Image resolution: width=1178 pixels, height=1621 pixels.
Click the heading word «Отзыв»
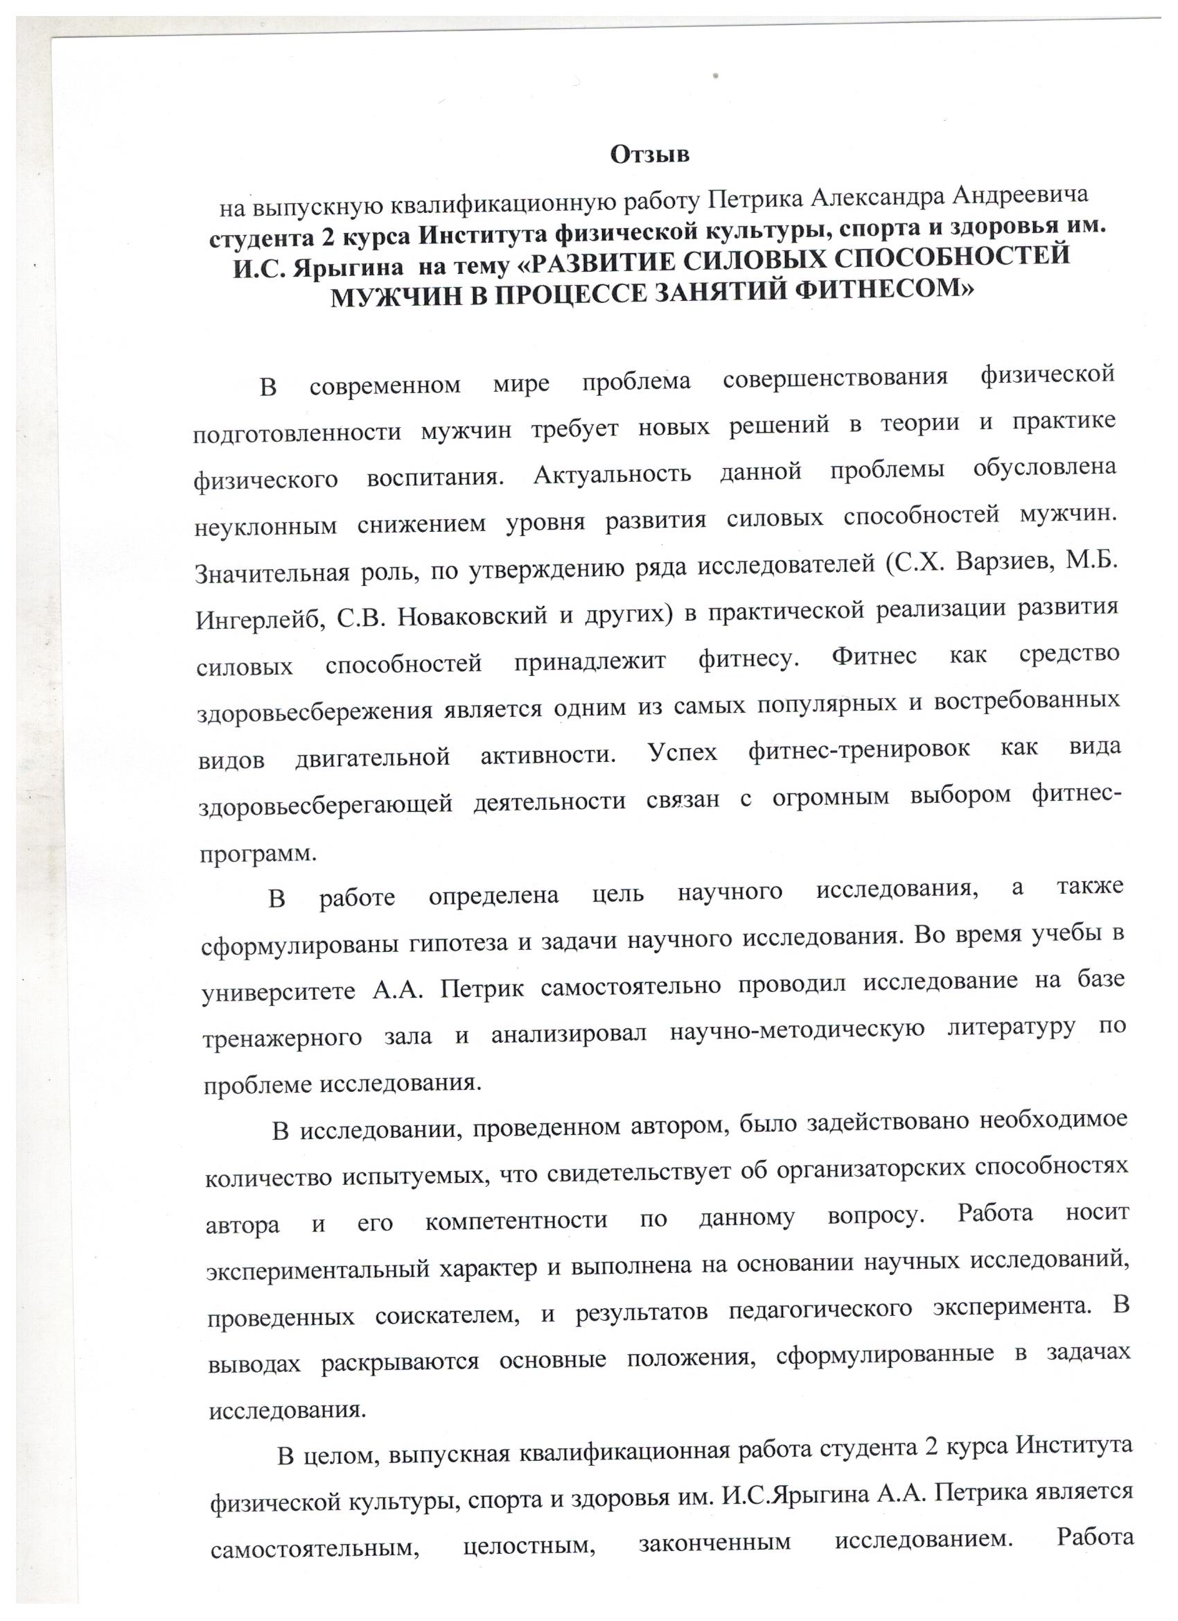tap(650, 154)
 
